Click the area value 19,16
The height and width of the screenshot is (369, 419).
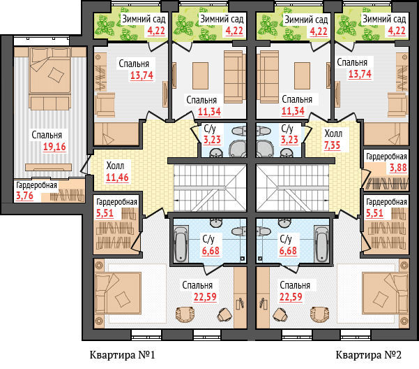[x=54, y=147]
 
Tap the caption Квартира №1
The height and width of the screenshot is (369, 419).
[x=123, y=355]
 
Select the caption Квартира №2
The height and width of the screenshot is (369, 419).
[x=369, y=355]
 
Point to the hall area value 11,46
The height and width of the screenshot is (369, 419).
[x=117, y=178]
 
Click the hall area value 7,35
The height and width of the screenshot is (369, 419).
[x=332, y=145]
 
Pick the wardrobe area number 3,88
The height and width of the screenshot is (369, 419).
[x=398, y=168]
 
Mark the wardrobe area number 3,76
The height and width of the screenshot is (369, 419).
[x=24, y=196]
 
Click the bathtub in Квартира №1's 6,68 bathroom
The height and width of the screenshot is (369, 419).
[x=181, y=244]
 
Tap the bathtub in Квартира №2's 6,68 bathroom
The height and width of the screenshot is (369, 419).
[x=321, y=244]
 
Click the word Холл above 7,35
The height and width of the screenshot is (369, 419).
[x=333, y=133]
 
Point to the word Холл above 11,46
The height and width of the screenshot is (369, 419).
[x=115, y=166]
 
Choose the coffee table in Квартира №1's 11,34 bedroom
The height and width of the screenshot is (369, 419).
[x=200, y=75]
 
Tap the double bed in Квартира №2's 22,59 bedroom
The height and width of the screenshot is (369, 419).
[x=386, y=294]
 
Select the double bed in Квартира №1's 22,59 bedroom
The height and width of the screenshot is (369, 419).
[x=118, y=294]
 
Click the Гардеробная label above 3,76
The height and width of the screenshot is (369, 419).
[x=37, y=185]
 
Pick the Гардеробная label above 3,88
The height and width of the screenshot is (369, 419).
[x=386, y=157]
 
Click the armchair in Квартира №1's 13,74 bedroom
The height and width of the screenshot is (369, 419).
[x=105, y=105]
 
